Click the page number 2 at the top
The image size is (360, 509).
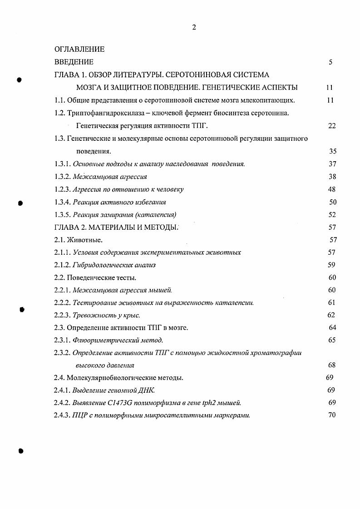[194, 27]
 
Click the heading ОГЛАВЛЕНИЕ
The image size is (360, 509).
[79, 49]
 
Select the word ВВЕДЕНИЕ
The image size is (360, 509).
[74, 62]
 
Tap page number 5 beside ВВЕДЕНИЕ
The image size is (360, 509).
[330, 62]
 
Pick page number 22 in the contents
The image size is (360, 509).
[331, 126]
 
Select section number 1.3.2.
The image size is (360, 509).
[62, 177]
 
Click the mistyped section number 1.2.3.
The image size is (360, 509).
[62, 189]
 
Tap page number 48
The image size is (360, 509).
[331, 189]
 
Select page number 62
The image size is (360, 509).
[331, 315]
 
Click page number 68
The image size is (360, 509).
[331, 365]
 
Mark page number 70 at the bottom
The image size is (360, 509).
[331, 415]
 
